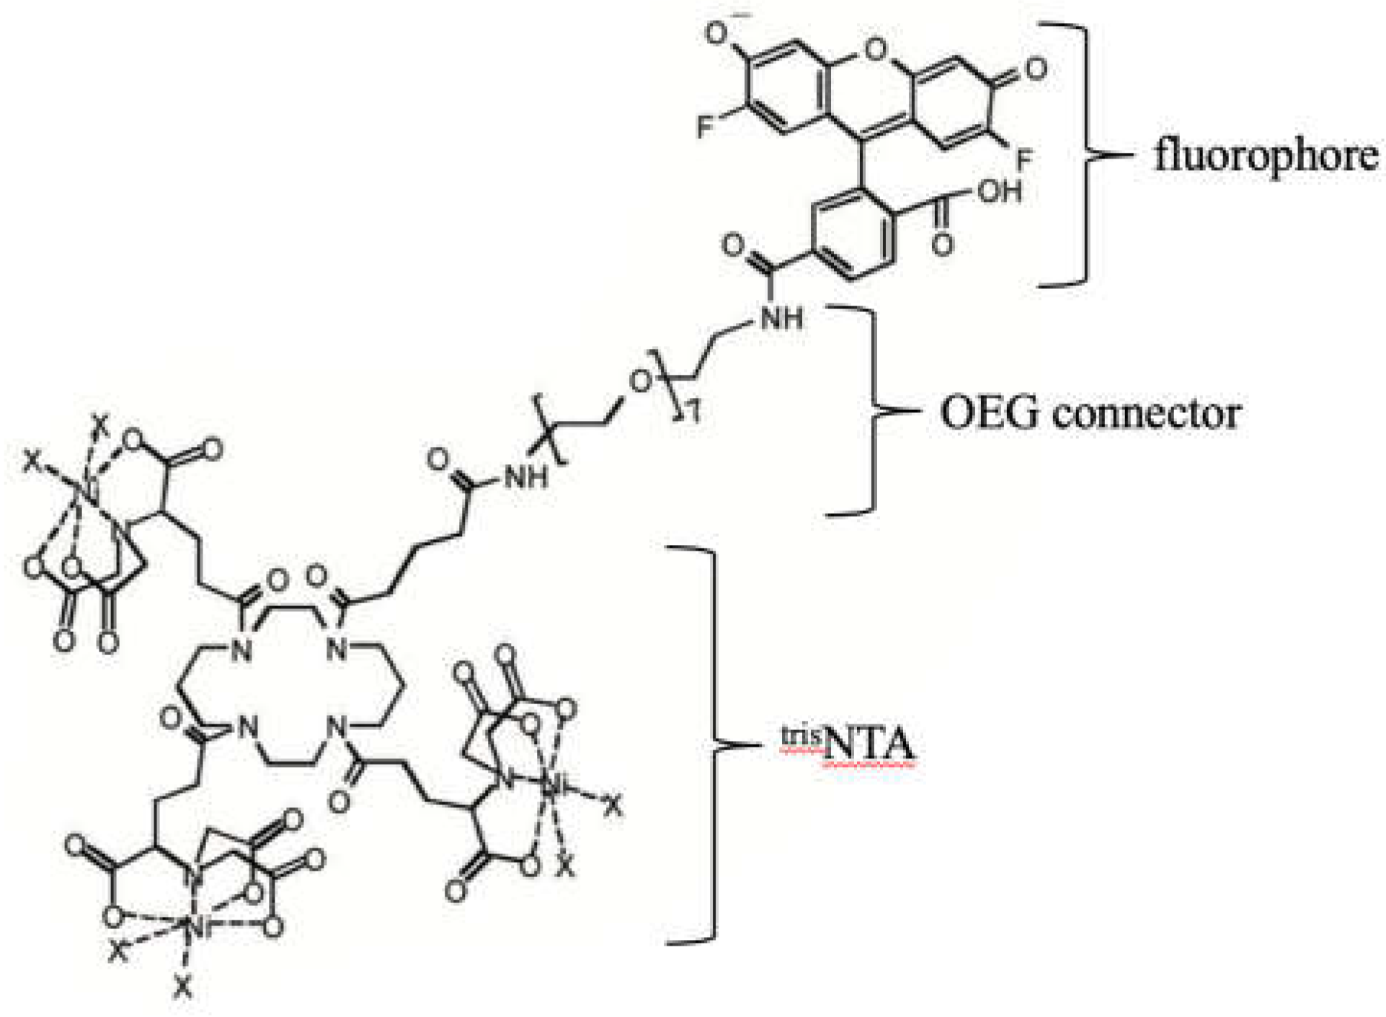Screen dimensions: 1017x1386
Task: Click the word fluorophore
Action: (1266, 156)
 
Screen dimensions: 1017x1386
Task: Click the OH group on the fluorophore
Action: (999, 190)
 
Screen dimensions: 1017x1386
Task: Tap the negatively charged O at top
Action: (718, 33)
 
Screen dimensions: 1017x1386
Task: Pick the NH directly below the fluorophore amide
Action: (781, 316)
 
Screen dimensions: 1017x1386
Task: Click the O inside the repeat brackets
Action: (640, 383)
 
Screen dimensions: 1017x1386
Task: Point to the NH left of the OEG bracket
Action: (526, 476)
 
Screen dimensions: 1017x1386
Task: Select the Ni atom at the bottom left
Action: (198, 929)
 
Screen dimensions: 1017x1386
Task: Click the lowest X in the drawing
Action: (183, 987)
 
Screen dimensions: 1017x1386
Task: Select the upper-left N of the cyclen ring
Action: (241, 652)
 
